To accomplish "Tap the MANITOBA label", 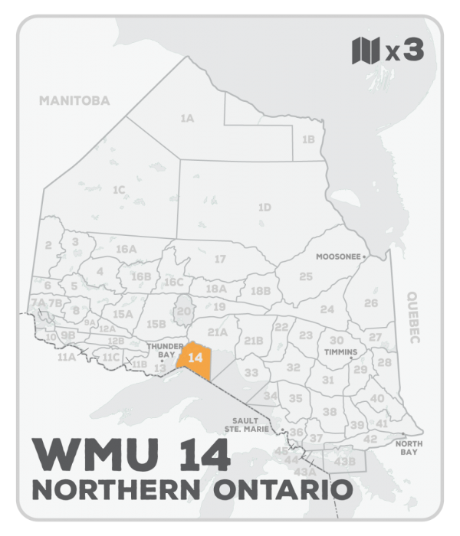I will [75, 100].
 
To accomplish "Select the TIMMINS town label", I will [341, 353].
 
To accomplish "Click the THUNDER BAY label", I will [160, 349].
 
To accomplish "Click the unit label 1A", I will [186, 119].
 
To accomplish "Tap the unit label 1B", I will [308, 139].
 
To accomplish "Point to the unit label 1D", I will [264, 207].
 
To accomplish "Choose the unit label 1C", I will [118, 189].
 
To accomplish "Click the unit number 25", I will [306, 276].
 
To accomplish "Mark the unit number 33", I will [251, 373].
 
